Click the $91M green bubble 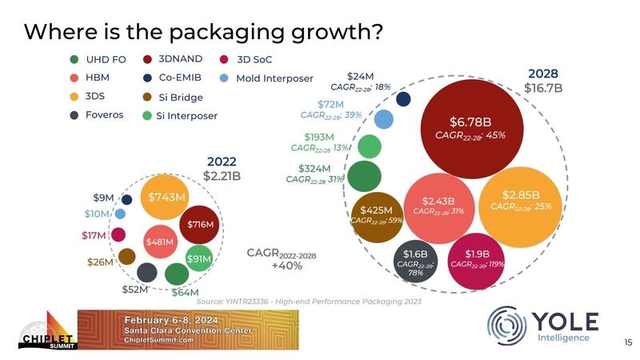pyautogui.click(x=198, y=258)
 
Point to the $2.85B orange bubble pyautogui.click(x=521, y=200)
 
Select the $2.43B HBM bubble pyautogui.click(x=438, y=206)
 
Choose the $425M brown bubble pyautogui.click(x=375, y=216)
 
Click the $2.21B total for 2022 pyautogui.click(x=222, y=175)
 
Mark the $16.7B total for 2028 pyautogui.click(x=543, y=88)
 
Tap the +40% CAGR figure pyautogui.click(x=286, y=266)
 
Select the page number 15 pyautogui.click(x=627, y=342)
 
